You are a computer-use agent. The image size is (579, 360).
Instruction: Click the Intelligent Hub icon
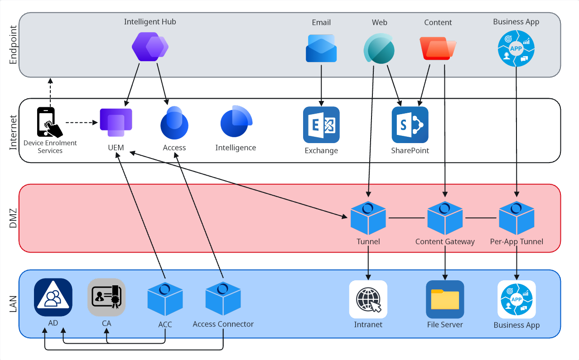click(x=150, y=47)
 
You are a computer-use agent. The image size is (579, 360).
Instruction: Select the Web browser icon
click(x=379, y=48)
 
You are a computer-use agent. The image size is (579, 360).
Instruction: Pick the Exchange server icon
click(x=321, y=125)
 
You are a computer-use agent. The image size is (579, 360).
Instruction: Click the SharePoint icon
click(x=410, y=125)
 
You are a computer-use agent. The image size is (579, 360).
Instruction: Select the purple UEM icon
click(x=116, y=122)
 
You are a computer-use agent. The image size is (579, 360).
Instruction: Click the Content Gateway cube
click(x=445, y=218)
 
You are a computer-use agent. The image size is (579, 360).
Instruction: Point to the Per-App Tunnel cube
click(x=516, y=218)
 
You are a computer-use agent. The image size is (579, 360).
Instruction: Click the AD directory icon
click(x=53, y=297)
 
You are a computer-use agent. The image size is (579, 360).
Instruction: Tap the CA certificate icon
click(x=106, y=297)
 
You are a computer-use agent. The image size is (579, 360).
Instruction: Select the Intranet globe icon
click(x=368, y=299)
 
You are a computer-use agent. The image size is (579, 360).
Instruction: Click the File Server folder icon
click(x=445, y=299)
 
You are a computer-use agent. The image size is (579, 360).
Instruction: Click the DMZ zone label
click(x=13, y=218)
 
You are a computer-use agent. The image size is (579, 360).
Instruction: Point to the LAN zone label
click(x=13, y=304)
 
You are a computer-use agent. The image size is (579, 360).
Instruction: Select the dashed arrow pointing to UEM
click(x=82, y=122)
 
